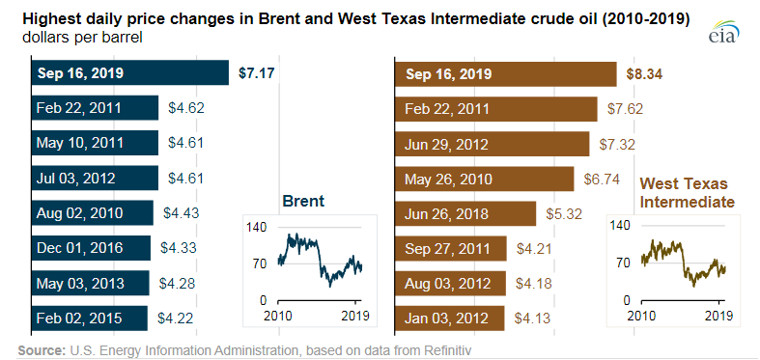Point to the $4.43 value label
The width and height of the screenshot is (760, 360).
182,213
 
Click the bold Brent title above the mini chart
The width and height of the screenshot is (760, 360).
302,201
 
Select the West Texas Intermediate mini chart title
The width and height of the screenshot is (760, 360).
687,192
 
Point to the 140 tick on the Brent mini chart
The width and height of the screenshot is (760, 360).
255,227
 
